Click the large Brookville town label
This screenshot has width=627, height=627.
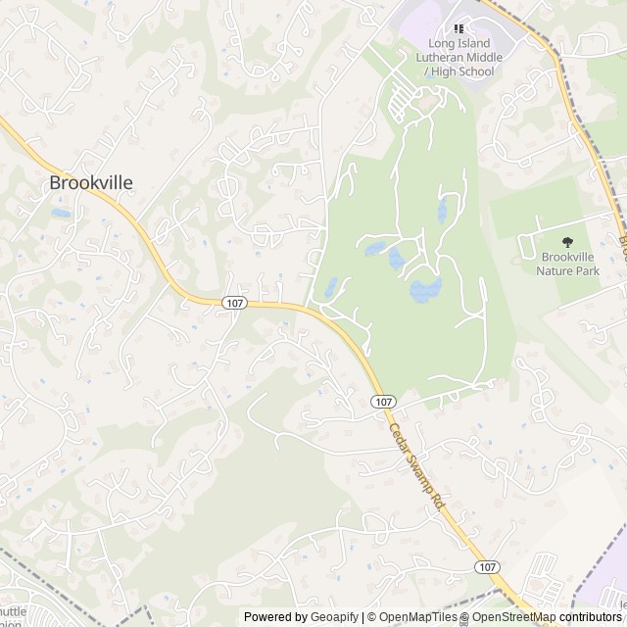[x=90, y=182]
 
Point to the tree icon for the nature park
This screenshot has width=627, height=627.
[x=566, y=241]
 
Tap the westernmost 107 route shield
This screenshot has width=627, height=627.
[x=233, y=304]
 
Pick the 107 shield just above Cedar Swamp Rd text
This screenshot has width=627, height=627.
[x=383, y=402]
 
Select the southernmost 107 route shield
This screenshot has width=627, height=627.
[x=487, y=567]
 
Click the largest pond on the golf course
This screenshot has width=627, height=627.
[x=425, y=289]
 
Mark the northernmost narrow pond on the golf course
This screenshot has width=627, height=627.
[x=443, y=209]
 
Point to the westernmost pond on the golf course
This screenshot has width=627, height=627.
[x=331, y=287]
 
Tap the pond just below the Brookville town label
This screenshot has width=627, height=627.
[x=61, y=213]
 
